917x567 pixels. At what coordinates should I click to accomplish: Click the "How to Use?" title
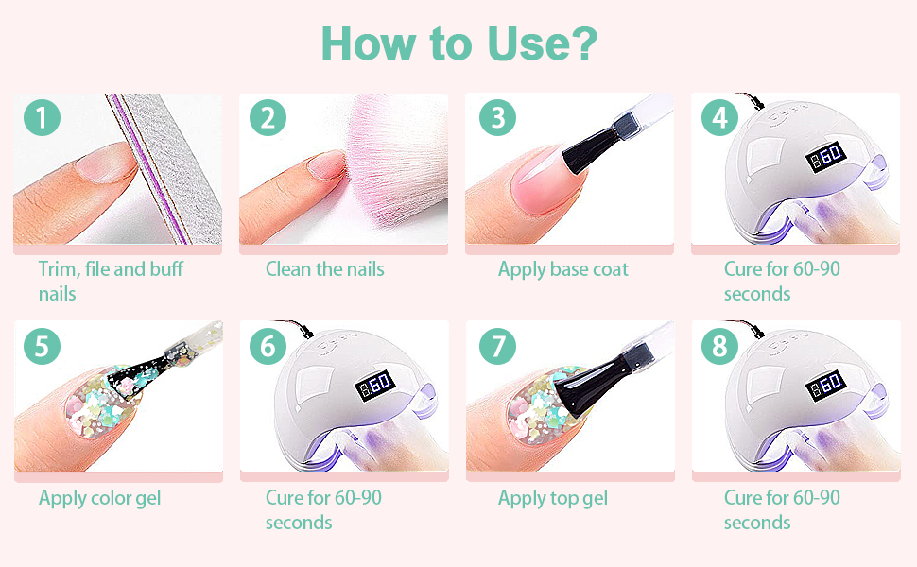tap(459, 43)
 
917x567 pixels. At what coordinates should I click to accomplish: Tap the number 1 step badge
tap(43, 117)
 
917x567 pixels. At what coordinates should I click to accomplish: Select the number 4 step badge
tap(720, 117)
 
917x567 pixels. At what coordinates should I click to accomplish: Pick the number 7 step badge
tap(497, 346)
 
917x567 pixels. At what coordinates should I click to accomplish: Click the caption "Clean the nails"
tap(324, 269)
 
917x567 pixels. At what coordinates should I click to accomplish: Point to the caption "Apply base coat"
tap(563, 269)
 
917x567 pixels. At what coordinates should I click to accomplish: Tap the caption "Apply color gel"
tap(99, 498)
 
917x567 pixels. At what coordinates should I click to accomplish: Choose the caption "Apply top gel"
tap(553, 498)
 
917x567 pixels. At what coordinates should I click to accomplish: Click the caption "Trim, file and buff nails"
tap(111, 282)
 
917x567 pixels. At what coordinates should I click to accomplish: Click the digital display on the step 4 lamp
tap(825, 157)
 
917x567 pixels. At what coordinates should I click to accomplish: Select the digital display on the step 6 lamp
tap(375, 385)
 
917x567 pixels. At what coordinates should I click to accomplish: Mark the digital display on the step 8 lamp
tap(825, 385)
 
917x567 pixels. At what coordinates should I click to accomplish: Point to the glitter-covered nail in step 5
tap(99, 404)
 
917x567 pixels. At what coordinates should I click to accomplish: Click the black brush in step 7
tap(602, 380)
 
